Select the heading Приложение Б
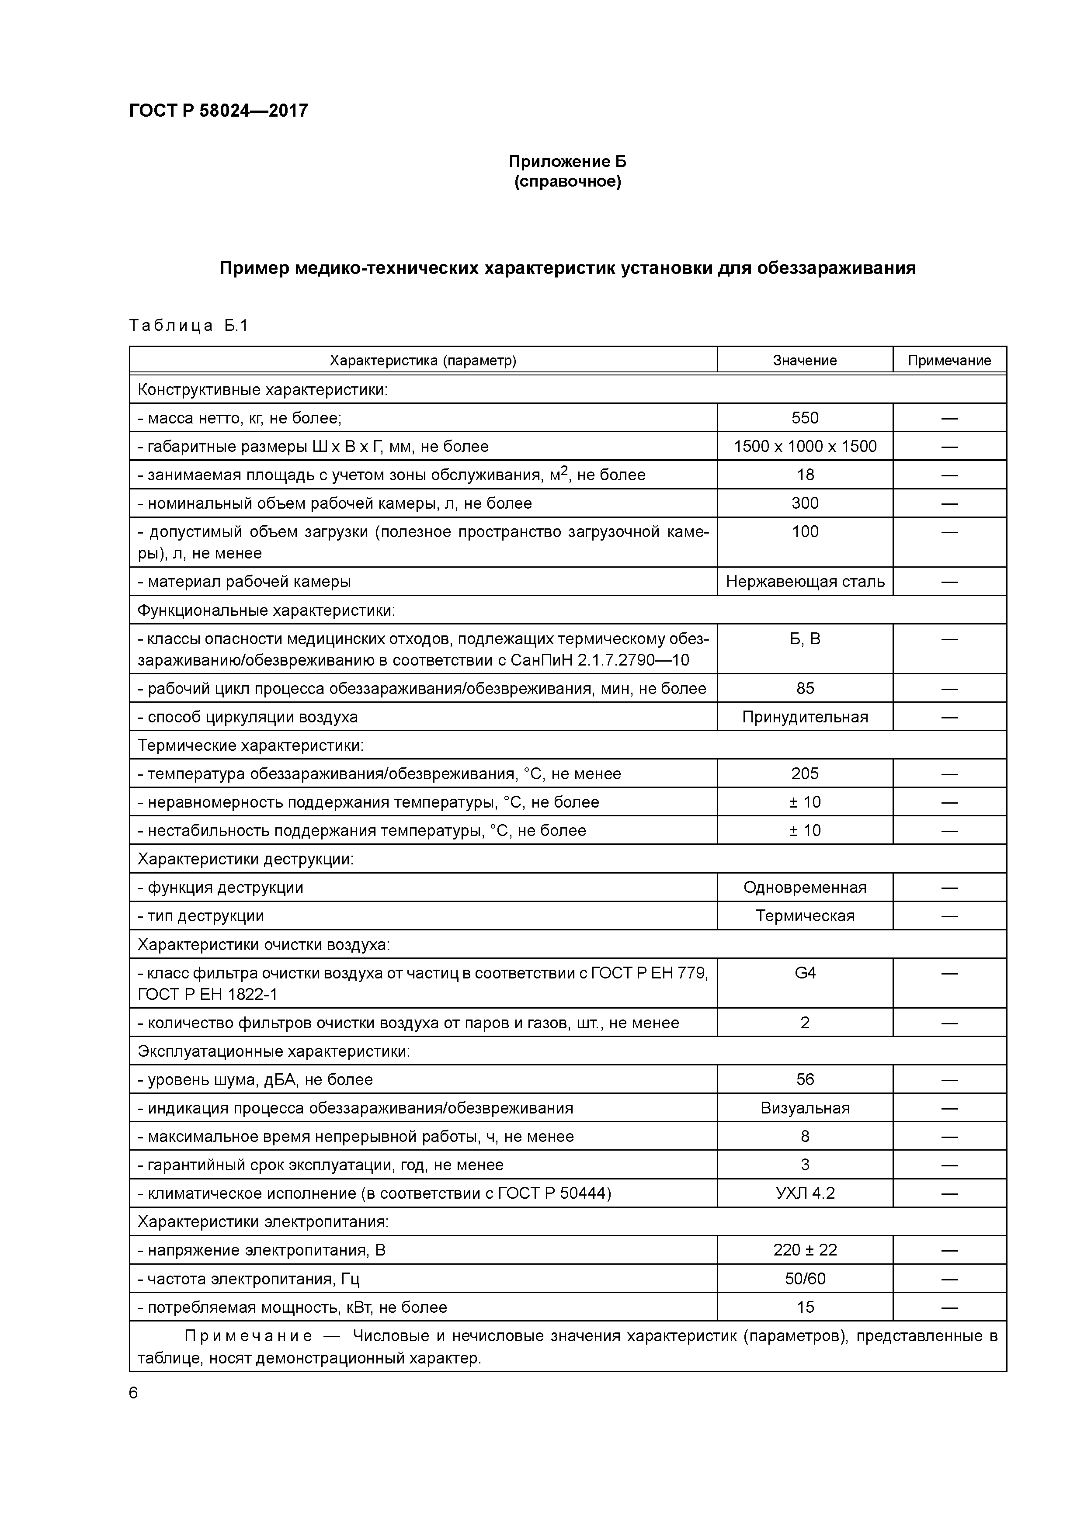pos(567,162)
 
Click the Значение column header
pos(804,361)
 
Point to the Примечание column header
pos(948,361)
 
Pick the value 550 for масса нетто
pos(804,418)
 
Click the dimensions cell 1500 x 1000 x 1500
pos(804,446)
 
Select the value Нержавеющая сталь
pos(804,582)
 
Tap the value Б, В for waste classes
pos(804,639)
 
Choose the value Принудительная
pos(804,717)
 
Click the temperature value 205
pos(804,774)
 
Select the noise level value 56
pos(804,1080)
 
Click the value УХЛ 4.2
pos(804,1193)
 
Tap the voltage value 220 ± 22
pos(804,1250)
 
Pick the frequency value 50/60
pos(804,1279)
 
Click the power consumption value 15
pos(804,1308)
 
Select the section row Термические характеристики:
pos(250,745)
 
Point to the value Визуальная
pos(804,1108)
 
